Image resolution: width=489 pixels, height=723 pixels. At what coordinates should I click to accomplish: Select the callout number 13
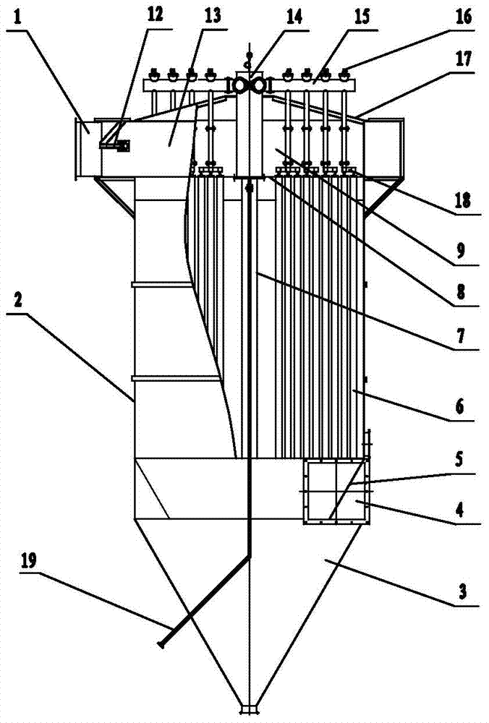pyautogui.click(x=213, y=15)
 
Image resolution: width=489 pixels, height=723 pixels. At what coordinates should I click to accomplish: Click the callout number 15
pyautogui.click(x=360, y=15)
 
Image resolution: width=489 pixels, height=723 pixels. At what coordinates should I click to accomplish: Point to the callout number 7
pyautogui.click(x=464, y=336)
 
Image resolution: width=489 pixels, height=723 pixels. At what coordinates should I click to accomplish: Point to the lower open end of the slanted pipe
pyautogui.click(x=161, y=645)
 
